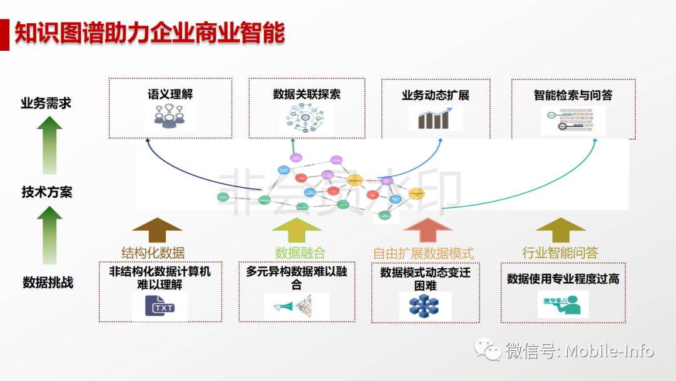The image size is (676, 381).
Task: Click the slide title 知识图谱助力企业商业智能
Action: pos(150,33)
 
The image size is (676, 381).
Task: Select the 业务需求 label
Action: pos(46,103)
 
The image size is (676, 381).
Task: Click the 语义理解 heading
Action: pos(170,95)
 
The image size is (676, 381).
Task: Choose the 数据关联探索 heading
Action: pos(307,95)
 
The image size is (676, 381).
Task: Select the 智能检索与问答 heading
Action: pos(573,95)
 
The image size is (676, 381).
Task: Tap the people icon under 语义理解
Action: pos(170,117)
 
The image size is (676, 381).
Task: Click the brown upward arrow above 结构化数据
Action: pos(157,229)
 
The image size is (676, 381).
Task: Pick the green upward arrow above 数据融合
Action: pos(296,229)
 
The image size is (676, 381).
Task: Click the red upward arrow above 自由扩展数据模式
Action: pos(428,229)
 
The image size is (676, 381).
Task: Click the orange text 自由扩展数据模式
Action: pos(424,253)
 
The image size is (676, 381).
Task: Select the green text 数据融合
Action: pos(300,253)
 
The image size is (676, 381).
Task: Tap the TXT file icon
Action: pos(160,307)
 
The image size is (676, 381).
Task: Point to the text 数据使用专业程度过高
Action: pos(563,279)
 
